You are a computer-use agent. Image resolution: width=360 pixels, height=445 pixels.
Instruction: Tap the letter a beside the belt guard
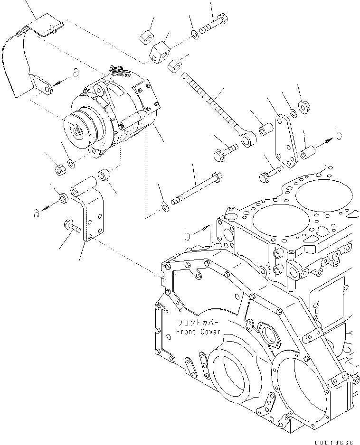[x=75, y=72]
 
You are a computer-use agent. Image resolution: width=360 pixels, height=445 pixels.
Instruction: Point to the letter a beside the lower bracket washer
[x=36, y=214]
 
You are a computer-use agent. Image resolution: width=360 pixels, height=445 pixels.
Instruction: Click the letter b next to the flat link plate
[x=338, y=135]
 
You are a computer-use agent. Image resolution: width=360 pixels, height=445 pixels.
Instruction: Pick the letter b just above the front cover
[x=188, y=234]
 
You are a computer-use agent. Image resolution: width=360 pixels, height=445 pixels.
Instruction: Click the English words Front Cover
[x=198, y=332]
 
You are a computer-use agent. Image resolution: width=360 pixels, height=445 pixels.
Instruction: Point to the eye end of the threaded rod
[x=247, y=139]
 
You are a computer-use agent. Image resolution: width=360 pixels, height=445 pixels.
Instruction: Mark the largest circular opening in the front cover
[x=300, y=384]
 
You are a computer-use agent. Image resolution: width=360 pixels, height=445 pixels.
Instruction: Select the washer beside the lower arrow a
[x=63, y=197]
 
